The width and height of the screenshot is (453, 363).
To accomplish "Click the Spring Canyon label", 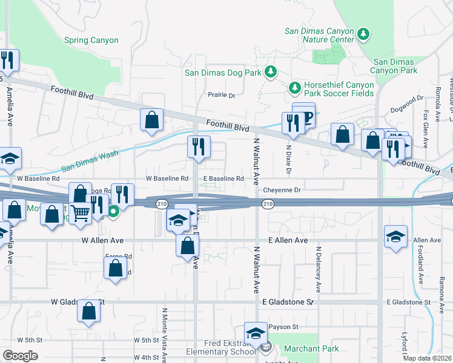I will click(x=91, y=41).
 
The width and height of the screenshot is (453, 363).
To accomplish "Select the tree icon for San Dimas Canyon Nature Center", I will click(x=363, y=34).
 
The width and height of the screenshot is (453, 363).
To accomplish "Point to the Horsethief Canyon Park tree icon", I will click(x=294, y=88).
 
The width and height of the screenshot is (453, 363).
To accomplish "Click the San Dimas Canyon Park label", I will click(x=395, y=66).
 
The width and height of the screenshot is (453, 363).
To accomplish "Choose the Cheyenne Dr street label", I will click(x=282, y=190).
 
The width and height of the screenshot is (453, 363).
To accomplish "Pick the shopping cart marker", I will click(x=81, y=212).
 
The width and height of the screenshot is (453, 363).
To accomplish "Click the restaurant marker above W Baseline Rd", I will click(x=199, y=147).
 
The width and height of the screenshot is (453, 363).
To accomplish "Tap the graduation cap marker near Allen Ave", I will click(x=395, y=236).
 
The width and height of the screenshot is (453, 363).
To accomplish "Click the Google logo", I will click(x=20, y=356).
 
